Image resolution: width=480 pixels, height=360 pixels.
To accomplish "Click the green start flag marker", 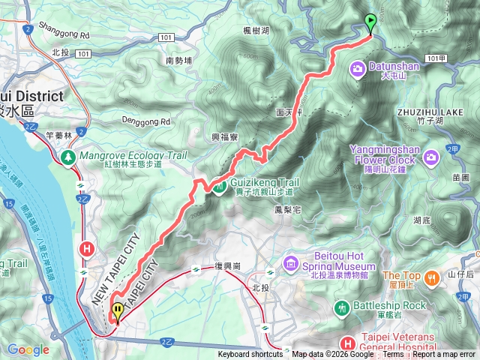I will pos(370,22).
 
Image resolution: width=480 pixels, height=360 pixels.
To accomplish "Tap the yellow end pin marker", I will pos(117,310).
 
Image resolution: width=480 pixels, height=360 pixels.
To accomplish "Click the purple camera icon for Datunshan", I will pos(356,70).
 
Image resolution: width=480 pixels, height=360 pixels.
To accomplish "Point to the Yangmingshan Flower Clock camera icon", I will pos(431,157).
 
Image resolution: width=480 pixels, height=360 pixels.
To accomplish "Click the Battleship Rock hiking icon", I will pos(342,307).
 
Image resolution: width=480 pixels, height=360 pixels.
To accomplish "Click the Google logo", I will pos(28,349).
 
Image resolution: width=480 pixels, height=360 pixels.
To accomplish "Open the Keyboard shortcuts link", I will pos(250,355).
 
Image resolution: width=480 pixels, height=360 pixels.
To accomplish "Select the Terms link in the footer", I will pos(393,355).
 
